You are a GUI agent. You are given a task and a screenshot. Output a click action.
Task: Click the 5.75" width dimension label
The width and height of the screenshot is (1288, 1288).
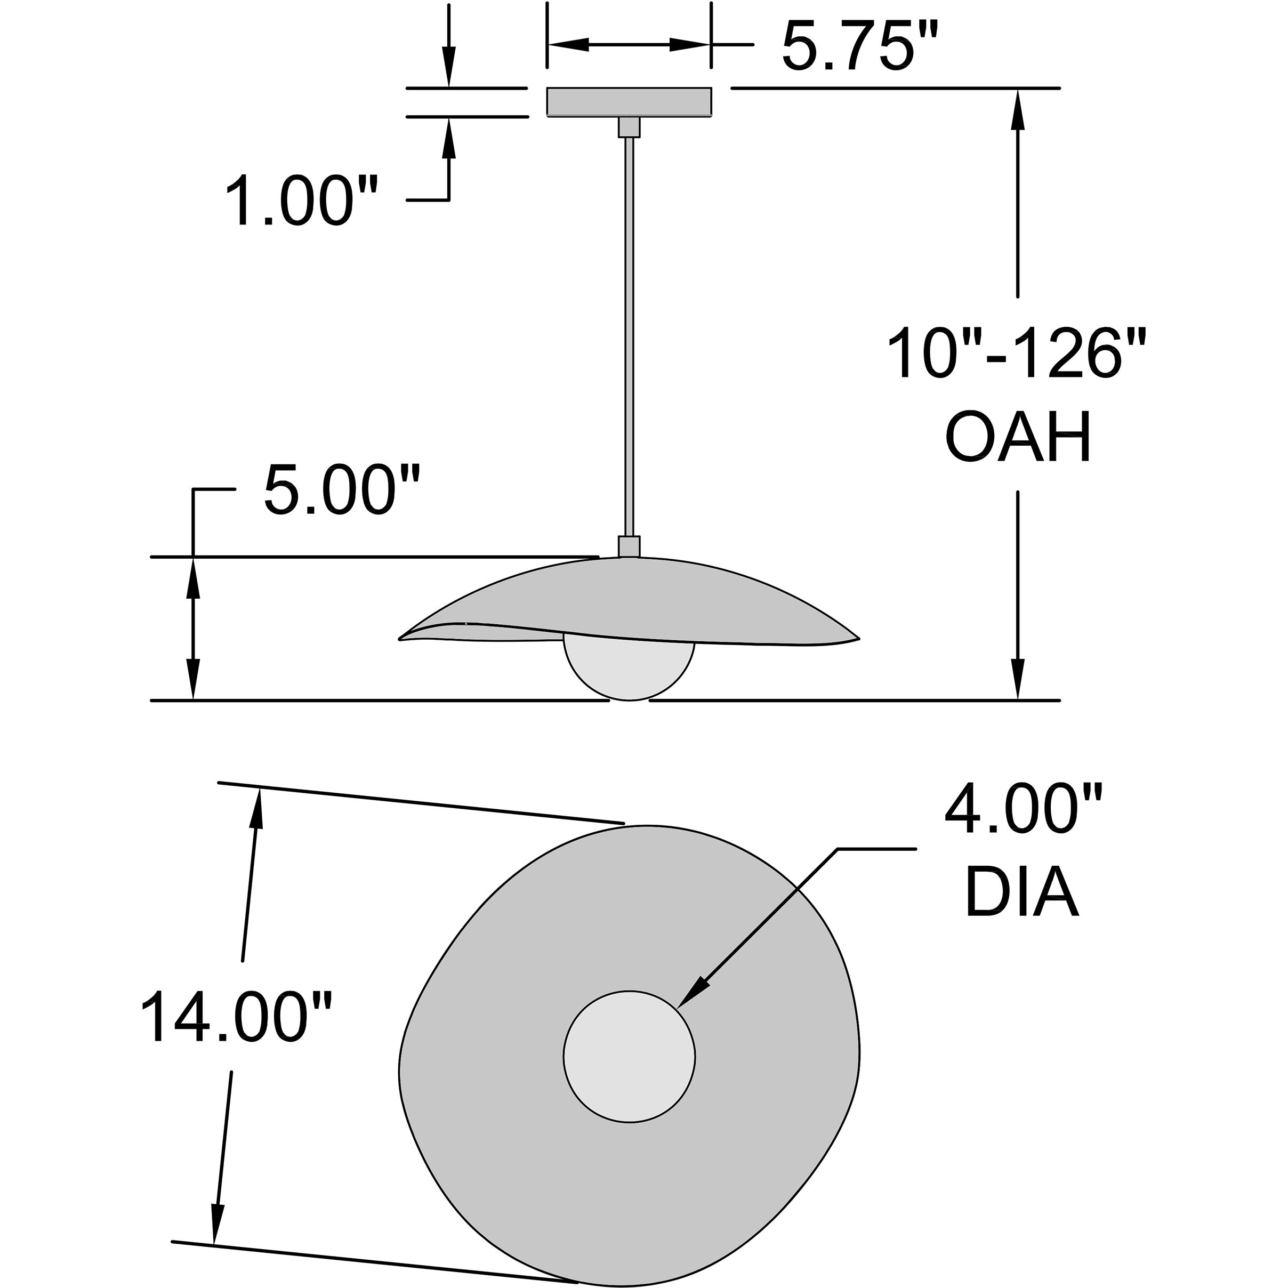(x=860, y=45)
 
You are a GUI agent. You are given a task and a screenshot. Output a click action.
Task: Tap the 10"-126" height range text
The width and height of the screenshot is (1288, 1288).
(x=1016, y=353)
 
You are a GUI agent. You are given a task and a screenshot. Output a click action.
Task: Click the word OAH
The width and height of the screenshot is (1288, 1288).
(x=1019, y=437)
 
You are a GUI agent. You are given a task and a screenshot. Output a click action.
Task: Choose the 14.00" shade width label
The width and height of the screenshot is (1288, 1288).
(x=235, y=1017)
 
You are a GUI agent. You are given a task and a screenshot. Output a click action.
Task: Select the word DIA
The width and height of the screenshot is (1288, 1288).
(x=1022, y=892)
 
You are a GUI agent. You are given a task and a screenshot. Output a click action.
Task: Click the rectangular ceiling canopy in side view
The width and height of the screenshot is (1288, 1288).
(x=629, y=102)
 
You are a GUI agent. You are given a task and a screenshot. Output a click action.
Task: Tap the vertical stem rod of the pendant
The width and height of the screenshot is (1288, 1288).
(x=629, y=337)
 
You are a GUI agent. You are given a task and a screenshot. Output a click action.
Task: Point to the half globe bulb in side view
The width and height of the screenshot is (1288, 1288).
(x=629, y=667)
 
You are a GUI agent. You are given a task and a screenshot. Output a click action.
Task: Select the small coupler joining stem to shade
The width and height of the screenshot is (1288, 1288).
(x=629, y=546)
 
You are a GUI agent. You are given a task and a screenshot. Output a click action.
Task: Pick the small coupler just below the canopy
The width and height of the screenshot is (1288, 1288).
(x=629, y=127)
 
